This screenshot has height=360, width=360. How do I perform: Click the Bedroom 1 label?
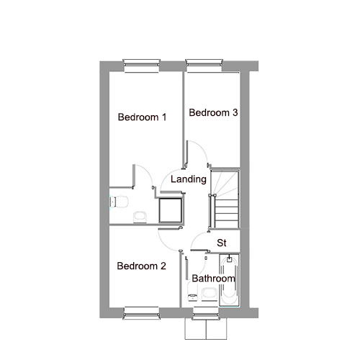click(x=142, y=117)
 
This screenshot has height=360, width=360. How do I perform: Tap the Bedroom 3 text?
click(x=213, y=112)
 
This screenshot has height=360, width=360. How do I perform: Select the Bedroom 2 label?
click(x=141, y=266)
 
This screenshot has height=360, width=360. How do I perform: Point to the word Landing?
click(x=189, y=179)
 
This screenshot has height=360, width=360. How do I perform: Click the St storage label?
click(x=222, y=243)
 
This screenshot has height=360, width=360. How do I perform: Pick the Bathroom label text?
click(x=213, y=279)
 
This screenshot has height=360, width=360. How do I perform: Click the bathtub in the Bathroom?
click(x=229, y=280)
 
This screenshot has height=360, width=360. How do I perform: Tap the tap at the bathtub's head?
click(x=229, y=258)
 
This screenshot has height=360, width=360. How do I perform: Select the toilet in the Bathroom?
click(x=192, y=292)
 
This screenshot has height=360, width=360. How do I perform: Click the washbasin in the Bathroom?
click(x=210, y=294)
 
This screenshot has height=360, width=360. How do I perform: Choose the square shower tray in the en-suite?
click(x=170, y=210)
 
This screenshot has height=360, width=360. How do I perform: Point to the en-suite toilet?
click(x=119, y=202)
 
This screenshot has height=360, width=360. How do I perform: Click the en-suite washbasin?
click(x=140, y=217)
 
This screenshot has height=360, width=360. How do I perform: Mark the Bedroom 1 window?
click(x=142, y=66)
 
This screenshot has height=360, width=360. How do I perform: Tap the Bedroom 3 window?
click(x=204, y=66)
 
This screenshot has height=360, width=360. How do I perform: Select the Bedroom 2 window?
click(x=141, y=313)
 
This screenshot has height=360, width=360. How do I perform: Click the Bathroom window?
click(x=206, y=313)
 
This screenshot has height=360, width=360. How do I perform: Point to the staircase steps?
click(x=225, y=199)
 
